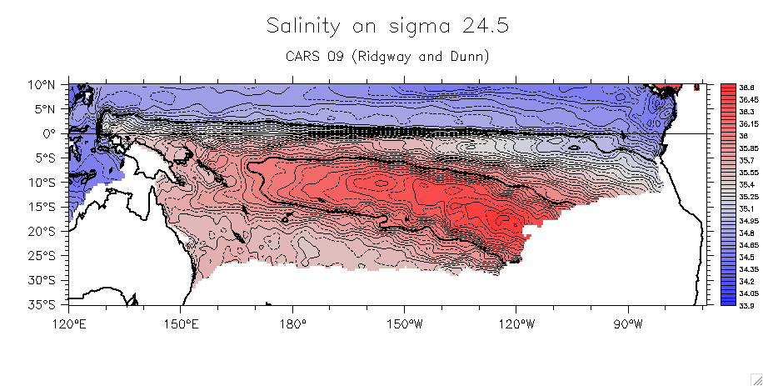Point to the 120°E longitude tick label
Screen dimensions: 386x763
pyautogui.click(x=69, y=321)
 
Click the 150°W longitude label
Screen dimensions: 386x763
pyautogui.click(x=404, y=321)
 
